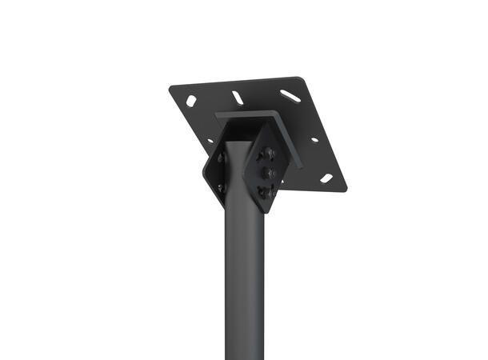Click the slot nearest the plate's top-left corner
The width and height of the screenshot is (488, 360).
click(191, 101)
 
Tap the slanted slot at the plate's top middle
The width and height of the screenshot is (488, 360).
click(238, 98)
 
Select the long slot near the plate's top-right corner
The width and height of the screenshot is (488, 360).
click(290, 95)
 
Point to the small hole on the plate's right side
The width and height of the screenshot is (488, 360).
click(314, 140)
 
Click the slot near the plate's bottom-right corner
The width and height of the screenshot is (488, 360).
click(326, 178)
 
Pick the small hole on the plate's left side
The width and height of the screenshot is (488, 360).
click(210, 141)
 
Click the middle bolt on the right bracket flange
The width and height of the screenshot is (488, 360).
click(268, 172)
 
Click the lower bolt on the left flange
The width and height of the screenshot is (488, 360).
click(222, 188)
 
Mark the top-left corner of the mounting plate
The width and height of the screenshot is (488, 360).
click(171, 89)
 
